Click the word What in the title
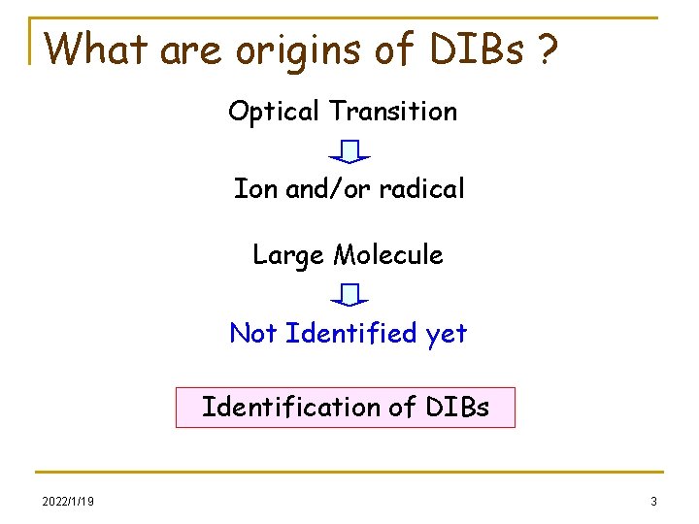pos(97,48)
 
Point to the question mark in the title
pos(549,48)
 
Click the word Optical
pos(275,113)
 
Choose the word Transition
pos(393,112)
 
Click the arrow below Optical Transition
pos(349,151)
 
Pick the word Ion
pos(255,188)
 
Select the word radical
pos(421,188)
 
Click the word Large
pos(288,256)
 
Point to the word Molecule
pos(388,255)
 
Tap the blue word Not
pos(253,334)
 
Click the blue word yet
pos(447,335)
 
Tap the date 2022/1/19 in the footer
pos(68,502)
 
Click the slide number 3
pos(653,502)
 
